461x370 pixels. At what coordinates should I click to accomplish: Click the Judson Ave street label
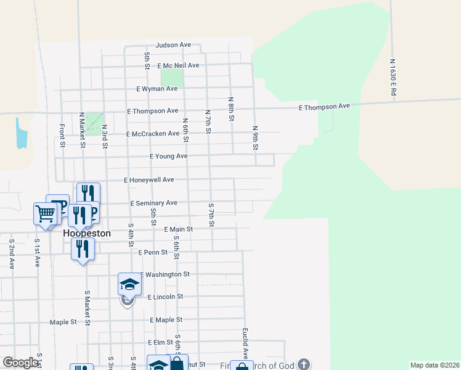pos(173,45)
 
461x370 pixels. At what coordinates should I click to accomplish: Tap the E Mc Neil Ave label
pos(178,65)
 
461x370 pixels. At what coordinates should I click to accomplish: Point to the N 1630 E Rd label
pos(393,76)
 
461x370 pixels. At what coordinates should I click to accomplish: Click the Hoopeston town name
pos(87,234)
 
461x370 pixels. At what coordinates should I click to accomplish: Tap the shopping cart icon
pos(46,214)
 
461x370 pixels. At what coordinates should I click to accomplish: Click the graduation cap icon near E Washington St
pos(129,284)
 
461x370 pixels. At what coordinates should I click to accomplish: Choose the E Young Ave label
pos(168,157)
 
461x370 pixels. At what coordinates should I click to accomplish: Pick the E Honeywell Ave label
pos(149,180)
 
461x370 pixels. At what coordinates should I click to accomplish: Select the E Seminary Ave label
pos(153,203)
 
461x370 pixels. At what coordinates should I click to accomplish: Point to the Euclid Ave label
pos(245,343)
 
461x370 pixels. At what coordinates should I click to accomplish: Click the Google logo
pos(21,363)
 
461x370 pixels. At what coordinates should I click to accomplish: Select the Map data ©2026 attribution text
pos(434,365)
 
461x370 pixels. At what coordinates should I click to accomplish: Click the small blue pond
pos(22,133)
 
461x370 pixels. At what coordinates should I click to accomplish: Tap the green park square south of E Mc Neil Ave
pos(172,78)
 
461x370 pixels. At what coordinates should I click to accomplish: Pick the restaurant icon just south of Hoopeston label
pos(83,249)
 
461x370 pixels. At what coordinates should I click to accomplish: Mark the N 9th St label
pos(255,138)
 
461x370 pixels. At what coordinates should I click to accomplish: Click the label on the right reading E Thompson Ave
pos(324,107)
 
